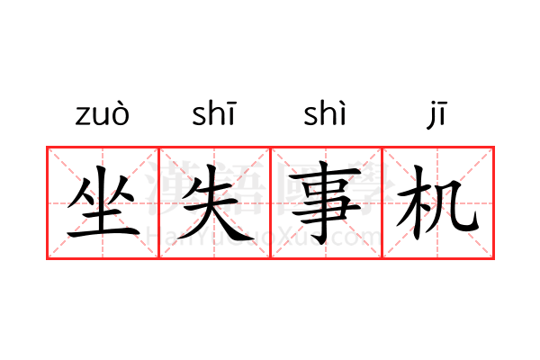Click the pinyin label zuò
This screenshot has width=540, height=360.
coord(102,115)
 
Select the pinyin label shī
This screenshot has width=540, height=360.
coord(213,115)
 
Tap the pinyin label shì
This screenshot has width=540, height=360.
coord(325,115)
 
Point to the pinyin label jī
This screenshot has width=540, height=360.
coord(437,115)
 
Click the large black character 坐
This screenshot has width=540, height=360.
coord(102,205)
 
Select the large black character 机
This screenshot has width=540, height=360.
coord(438,205)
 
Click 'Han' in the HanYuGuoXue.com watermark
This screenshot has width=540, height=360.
coord(167,237)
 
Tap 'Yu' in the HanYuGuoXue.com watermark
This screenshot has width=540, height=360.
coord(214,237)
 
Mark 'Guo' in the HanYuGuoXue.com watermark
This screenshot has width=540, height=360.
coord(255,237)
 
